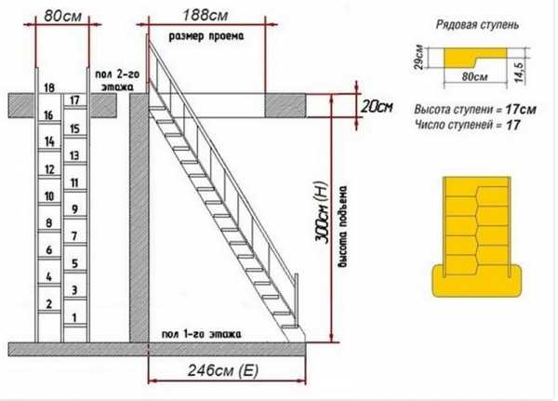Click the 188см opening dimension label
206,15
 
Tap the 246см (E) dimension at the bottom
223,370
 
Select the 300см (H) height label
321,212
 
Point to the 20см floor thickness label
377,106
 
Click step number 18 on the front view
49,87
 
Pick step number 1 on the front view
74,317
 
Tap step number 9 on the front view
74,208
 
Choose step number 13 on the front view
74,155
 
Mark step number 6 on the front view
49,249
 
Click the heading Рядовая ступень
477,24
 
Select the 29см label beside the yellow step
419,57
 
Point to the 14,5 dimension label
520,73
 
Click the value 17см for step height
520,109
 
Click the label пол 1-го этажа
202,334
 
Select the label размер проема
206,36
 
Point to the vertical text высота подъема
343,226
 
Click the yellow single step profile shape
474,58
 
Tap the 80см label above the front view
62,16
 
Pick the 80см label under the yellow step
474,76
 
